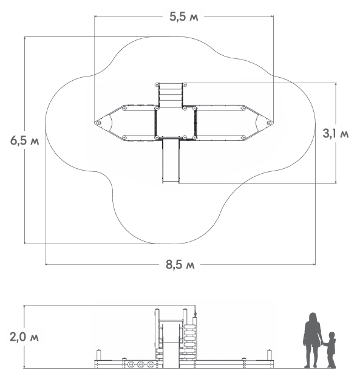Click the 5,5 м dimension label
point(183,16)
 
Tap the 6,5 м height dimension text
point(25,140)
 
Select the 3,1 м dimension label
point(336,134)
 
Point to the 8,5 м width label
point(180,264)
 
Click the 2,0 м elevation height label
point(24,336)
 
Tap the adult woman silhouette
point(313,340)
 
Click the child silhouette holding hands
point(330,350)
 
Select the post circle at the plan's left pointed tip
point(98,123)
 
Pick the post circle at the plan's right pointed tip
point(269,123)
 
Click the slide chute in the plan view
point(171,160)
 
